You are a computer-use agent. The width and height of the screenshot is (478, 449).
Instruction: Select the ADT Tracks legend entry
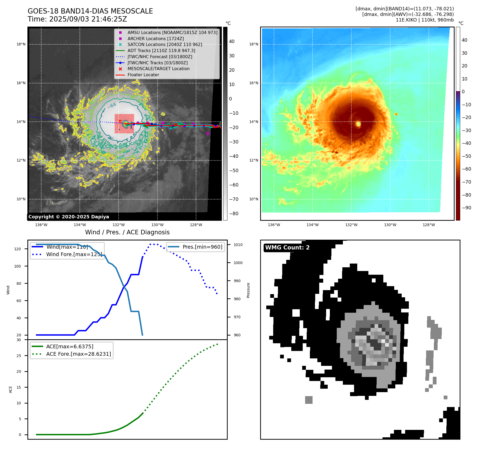pos(161,50)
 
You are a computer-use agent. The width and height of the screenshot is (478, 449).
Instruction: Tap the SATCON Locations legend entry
pos(165,45)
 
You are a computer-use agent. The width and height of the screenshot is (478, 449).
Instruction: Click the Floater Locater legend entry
pos(143,75)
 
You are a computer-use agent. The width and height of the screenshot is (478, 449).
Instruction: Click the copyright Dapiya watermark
pos(69,217)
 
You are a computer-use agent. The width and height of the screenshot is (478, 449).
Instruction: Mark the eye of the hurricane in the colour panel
pos(358,124)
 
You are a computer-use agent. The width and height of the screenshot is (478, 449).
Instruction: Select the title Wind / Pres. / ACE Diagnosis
pos(127,232)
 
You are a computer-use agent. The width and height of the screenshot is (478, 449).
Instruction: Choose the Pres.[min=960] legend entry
pos(202,247)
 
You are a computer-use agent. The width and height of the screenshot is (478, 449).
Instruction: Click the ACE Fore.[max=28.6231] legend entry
pos(78,354)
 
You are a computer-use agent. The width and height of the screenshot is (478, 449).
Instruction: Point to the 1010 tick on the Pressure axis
pos(238,245)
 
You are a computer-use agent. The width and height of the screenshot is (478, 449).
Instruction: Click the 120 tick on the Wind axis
pos(18,249)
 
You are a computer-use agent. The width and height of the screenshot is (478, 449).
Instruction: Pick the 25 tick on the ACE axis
pos(19,356)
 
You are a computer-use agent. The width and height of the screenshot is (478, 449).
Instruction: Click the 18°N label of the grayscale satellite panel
pos(21,44)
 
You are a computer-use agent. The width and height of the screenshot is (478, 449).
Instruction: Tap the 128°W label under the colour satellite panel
pos(429,225)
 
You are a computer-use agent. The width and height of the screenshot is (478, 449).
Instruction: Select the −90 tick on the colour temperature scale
pos(466,208)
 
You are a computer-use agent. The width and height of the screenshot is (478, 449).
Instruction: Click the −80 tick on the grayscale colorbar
pos(234,214)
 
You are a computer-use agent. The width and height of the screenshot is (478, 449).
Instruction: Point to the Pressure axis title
pos(248,290)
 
